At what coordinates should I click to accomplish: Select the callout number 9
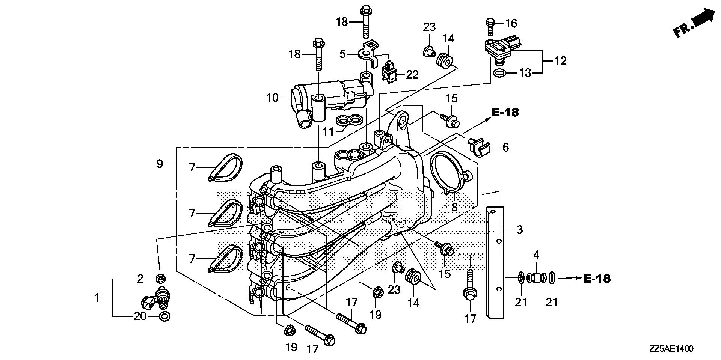[160, 164]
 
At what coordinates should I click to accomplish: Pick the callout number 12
[560, 61]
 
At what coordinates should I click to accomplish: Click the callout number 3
[519, 229]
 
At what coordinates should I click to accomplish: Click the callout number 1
[97, 298]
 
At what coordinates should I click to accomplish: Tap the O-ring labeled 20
[164, 316]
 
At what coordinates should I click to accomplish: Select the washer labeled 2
[161, 279]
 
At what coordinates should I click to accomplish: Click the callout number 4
[536, 255]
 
